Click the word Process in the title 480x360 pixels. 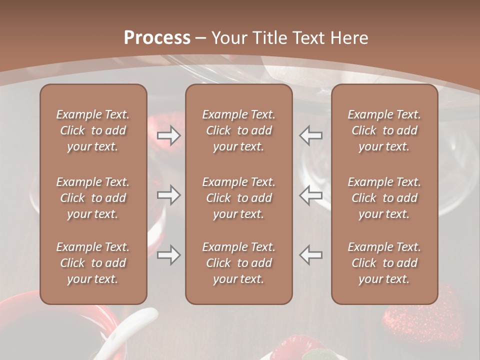click(x=157, y=38)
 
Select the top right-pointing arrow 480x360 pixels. click(x=168, y=135)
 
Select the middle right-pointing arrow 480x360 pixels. click(x=168, y=195)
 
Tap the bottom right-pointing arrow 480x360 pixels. click(x=168, y=255)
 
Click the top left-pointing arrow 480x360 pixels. click(x=311, y=135)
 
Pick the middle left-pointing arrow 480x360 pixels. click(x=311, y=195)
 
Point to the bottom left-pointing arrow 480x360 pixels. click(x=311, y=255)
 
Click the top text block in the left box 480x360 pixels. click(x=93, y=130)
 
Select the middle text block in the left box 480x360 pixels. click(x=93, y=198)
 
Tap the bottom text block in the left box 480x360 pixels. click(x=93, y=263)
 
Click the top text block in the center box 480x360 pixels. click(x=238, y=130)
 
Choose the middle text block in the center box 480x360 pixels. click(x=238, y=198)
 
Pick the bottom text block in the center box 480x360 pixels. click(x=238, y=263)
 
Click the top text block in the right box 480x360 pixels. click(x=384, y=130)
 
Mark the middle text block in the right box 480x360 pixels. click(x=384, y=198)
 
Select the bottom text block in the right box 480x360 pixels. click(x=384, y=263)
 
